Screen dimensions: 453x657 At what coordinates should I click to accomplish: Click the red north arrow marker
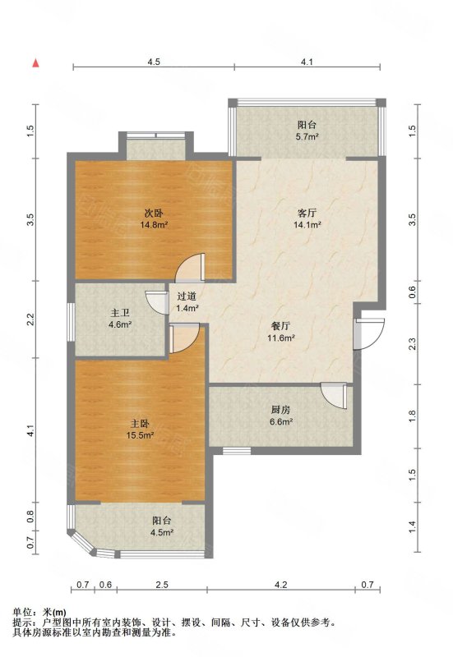pos(36,63)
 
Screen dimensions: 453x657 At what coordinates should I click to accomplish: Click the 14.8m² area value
pos(154,224)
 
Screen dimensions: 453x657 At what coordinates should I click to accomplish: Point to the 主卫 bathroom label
pos(120,313)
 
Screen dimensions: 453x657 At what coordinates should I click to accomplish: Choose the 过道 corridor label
pos(187,296)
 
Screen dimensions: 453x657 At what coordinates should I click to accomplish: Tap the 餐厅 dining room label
pos(281,326)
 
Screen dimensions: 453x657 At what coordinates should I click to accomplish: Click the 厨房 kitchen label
pos(281,410)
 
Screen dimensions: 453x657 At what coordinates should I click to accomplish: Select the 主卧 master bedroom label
pos(140,424)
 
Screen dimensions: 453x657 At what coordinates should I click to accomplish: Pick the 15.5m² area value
pos(140,436)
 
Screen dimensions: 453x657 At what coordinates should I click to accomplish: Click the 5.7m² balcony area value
pos(307,136)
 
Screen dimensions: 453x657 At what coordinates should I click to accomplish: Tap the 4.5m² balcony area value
pos(163,532)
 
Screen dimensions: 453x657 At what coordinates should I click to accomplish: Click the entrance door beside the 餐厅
pos(369,334)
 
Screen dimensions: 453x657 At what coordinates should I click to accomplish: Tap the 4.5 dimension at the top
pos(154,62)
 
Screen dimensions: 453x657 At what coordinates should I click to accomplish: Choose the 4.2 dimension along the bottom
pos(280,585)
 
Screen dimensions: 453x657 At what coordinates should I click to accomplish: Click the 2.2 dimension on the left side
pos(30,319)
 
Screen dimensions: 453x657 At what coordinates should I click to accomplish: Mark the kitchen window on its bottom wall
pos(237,451)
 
